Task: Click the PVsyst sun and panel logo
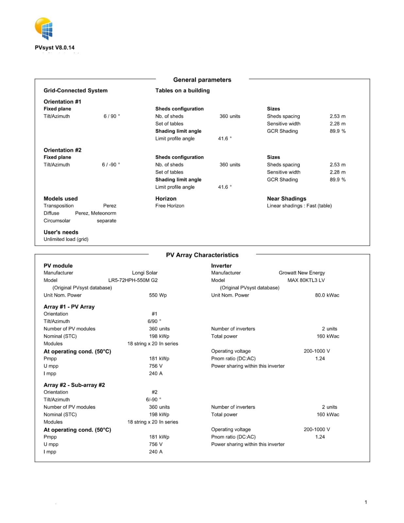point(44,28)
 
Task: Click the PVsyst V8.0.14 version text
point(55,48)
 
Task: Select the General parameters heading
point(202,80)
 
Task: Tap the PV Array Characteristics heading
point(202,255)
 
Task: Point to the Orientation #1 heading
point(62,102)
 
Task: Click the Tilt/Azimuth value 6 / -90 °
point(111,165)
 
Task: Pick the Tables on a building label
point(182,91)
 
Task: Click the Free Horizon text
point(170,206)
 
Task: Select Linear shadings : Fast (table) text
point(299,206)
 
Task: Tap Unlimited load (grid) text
point(66,239)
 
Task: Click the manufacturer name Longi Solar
point(144,273)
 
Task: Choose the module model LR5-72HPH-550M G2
point(133,280)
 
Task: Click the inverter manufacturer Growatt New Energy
point(302,273)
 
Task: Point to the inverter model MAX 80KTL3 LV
point(306,280)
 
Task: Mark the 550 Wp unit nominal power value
point(158,295)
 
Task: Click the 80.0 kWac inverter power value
point(327,295)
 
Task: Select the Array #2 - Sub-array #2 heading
point(74,385)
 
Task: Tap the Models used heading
point(61,199)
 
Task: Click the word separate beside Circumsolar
point(106,221)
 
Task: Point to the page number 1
point(366,502)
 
